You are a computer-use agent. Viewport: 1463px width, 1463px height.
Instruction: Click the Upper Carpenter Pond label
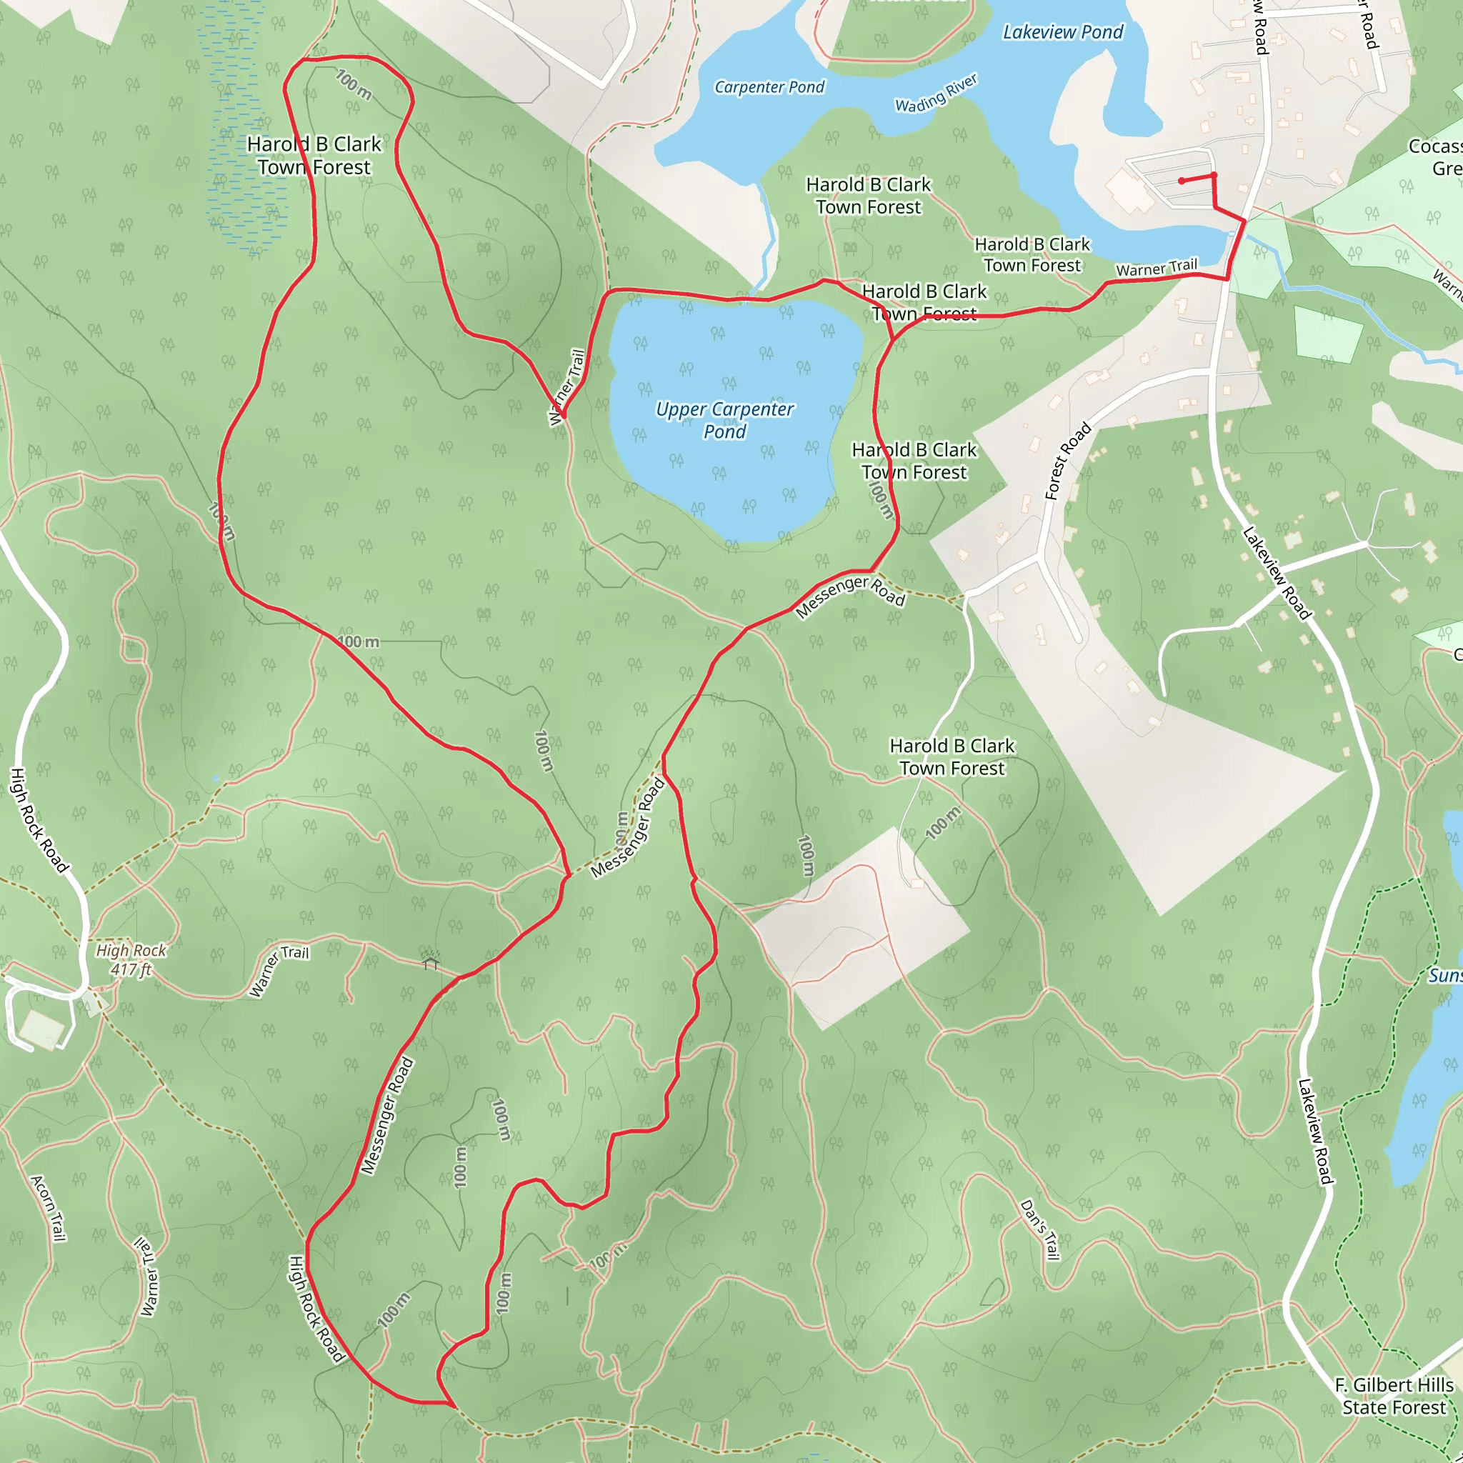coord(724,420)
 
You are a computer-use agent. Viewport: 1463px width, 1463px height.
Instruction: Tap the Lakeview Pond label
coord(1062,33)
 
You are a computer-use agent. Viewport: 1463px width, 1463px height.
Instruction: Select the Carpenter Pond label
coord(769,88)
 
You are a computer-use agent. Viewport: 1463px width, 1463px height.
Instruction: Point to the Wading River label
coord(936,94)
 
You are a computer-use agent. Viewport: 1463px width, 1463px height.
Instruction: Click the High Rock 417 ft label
coord(131,959)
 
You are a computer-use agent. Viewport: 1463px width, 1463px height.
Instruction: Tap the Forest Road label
coord(1068,461)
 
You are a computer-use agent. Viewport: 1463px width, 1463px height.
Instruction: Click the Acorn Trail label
coord(49,1208)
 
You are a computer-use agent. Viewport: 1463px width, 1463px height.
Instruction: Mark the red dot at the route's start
coord(1182,181)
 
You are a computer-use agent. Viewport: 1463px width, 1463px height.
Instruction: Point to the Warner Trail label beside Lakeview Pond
coord(1157,267)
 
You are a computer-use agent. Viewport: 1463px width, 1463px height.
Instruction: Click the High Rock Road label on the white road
coord(39,819)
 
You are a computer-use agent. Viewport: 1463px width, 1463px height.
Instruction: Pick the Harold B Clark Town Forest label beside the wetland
coord(314,155)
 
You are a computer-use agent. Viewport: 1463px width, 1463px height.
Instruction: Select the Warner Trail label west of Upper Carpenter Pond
coord(568,386)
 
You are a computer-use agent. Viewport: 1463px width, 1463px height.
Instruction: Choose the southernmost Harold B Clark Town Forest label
coord(952,757)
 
